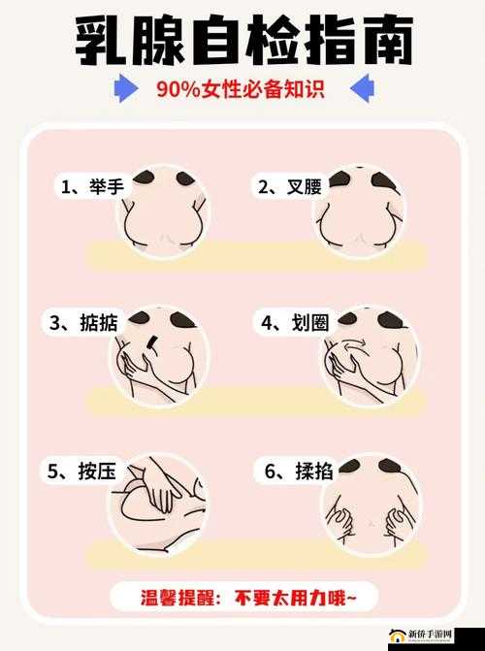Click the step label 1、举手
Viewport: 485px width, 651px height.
pos(91,187)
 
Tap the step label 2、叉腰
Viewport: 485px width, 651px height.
pos(290,187)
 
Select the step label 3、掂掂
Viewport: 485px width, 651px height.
pos(83,323)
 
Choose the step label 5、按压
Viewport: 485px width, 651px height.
pos(82,472)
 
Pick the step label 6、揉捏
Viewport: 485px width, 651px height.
pos(298,472)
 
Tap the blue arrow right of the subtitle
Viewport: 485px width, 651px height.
pos(361,90)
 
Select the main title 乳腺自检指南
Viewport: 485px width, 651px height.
pos(242,40)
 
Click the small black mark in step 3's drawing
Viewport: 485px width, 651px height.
pos(152,342)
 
